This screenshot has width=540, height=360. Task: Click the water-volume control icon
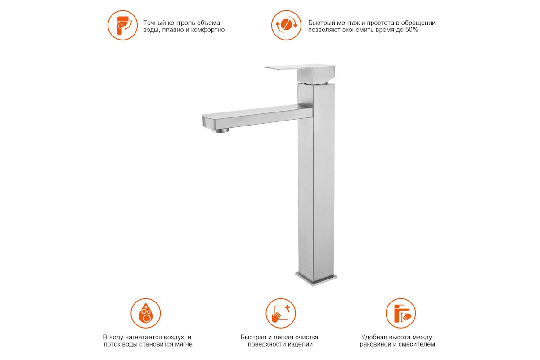[122, 25]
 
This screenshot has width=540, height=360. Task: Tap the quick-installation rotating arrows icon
[286, 25]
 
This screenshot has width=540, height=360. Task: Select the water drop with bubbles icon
[146, 313]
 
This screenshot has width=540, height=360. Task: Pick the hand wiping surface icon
[281, 313]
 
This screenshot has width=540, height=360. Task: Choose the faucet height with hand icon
[400, 313]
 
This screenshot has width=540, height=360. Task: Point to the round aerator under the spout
[220, 130]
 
